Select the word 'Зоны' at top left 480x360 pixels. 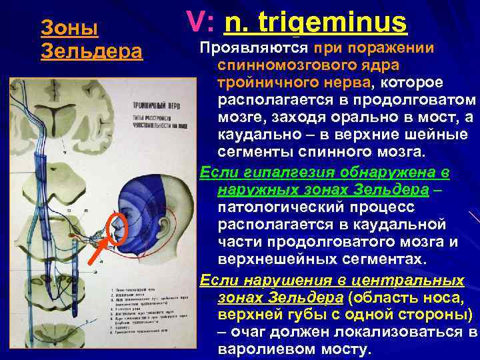(69, 28)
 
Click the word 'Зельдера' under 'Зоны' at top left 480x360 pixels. (92, 51)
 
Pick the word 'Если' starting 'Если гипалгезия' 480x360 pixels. (215, 173)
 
